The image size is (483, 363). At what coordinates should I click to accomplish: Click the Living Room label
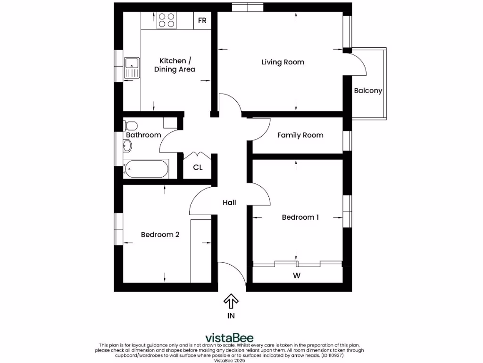283,62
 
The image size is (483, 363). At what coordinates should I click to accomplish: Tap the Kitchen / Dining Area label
175,65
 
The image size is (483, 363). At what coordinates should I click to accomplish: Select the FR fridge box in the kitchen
202,21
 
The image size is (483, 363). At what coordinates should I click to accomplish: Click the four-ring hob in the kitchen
166,20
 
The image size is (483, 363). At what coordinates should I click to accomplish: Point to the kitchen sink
132,68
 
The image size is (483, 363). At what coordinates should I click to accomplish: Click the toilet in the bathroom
130,126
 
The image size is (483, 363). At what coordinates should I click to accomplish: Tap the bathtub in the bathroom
146,169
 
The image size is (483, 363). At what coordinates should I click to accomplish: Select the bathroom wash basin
127,146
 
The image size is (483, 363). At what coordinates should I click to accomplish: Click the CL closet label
198,167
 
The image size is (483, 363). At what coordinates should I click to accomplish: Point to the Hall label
229,202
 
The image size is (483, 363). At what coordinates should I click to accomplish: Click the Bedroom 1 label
300,217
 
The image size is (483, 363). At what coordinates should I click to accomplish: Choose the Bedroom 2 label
160,234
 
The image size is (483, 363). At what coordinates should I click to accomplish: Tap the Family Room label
300,135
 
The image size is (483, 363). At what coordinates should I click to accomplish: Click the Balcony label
368,91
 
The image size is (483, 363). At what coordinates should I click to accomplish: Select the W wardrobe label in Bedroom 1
297,275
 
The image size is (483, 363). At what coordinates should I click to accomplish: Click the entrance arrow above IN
231,301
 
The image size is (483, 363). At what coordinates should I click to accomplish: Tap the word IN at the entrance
231,316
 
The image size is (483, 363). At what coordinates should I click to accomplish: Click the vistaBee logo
229,337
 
